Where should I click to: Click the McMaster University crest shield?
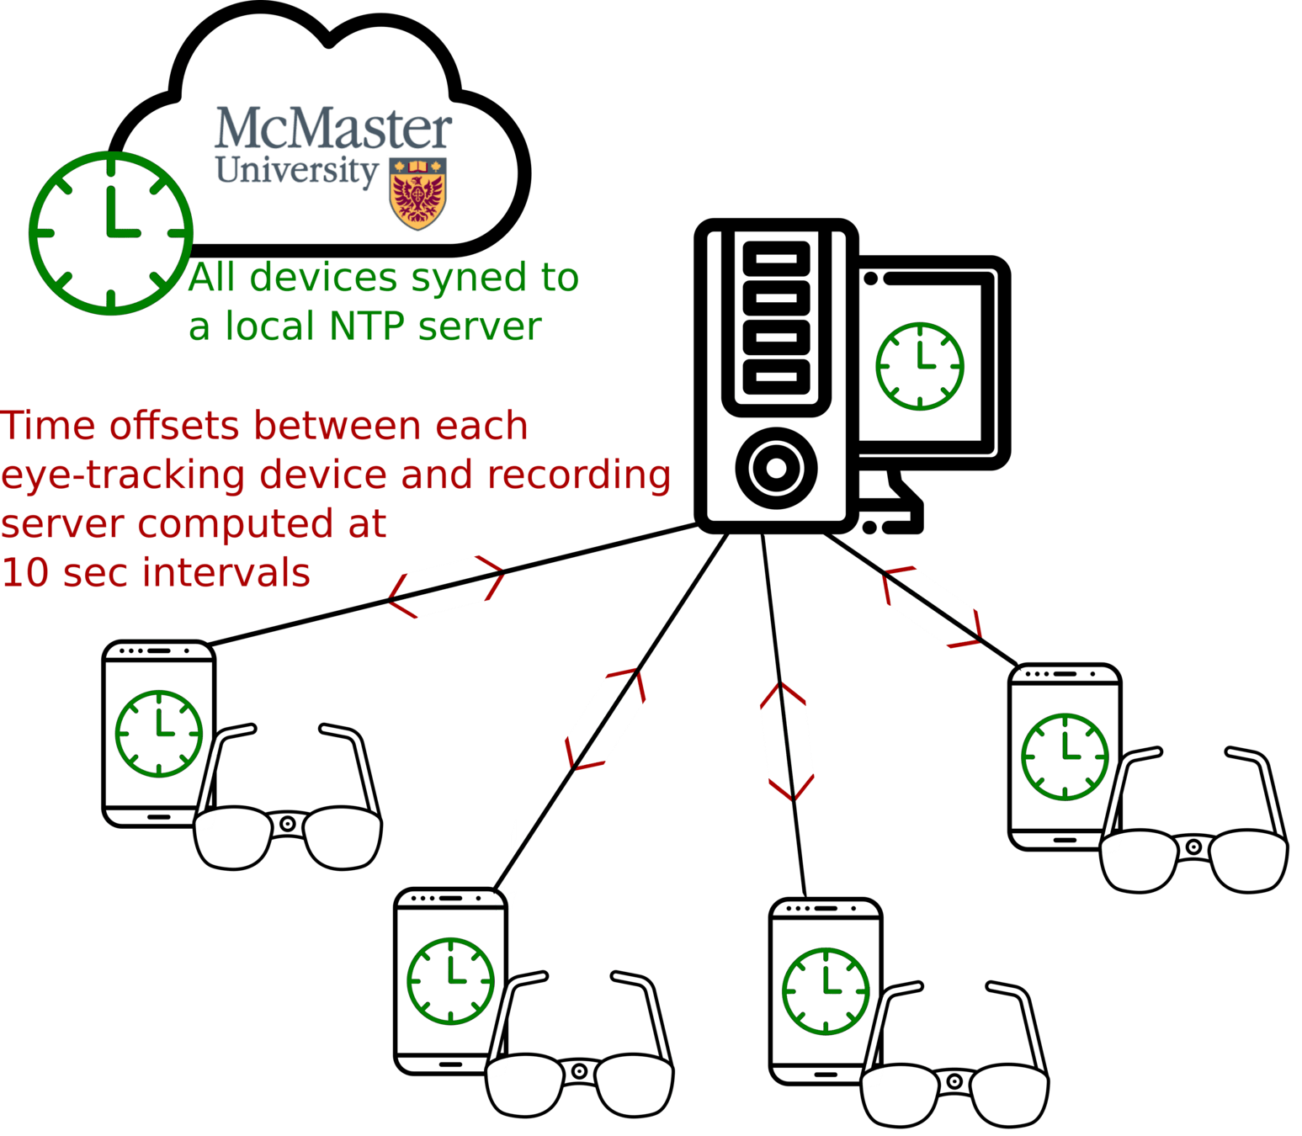click(417, 193)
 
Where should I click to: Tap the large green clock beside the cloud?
click(111, 232)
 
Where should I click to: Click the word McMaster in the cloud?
click(333, 129)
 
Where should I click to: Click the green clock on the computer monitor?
click(919, 366)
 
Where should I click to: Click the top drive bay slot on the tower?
click(776, 257)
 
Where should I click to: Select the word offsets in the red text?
click(179, 426)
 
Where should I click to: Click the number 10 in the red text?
click(26, 573)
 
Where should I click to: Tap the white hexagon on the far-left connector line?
click(446, 587)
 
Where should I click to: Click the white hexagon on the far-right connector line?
click(932, 607)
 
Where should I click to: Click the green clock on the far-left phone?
click(159, 733)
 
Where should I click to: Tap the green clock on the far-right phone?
click(1065, 756)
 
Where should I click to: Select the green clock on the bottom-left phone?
click(451, 980)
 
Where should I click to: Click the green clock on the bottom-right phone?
click(826, 990)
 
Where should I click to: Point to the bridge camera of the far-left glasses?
click(288, 824)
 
